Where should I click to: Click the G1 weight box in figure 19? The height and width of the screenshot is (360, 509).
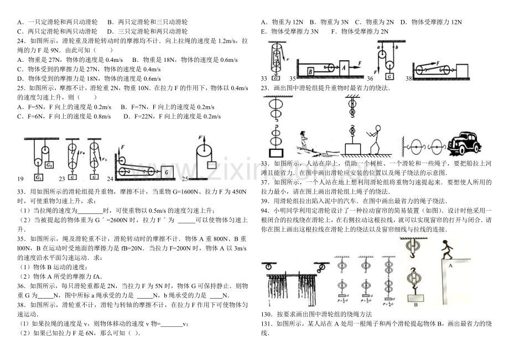[x=49, y=164]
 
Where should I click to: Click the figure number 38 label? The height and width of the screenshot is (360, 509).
[x=409, y=79]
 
